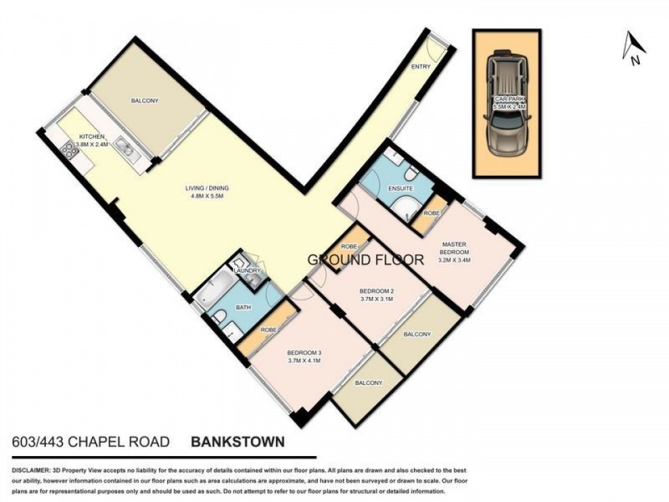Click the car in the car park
point(506,104)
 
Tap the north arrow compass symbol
point(633,48)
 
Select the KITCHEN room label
point(93,136)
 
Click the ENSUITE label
point(401,190)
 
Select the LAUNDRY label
point(248,270)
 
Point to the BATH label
point(243,308)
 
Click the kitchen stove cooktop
point(68,151)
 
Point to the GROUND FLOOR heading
point(365,259)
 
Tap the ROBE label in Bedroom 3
point(268,330)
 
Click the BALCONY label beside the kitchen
point(145,101)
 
